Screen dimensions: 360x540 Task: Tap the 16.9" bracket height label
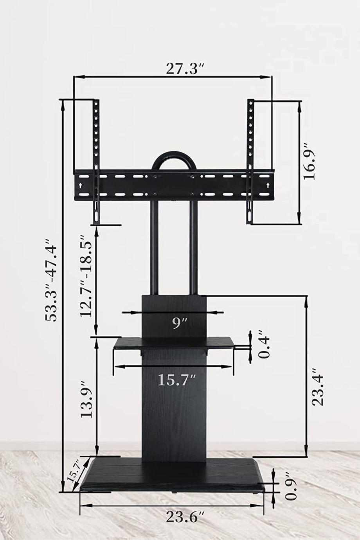coord(309,162)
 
